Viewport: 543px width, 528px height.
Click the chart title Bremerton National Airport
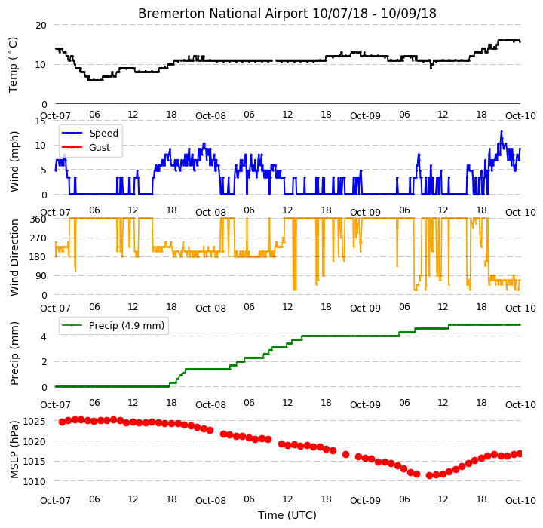pos(222,14)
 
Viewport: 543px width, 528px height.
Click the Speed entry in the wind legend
pos(104,133)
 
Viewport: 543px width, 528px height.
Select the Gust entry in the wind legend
pos(100,148)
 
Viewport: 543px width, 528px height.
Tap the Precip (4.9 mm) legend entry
pos(127,326)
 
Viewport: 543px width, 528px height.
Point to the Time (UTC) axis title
pos(287,515)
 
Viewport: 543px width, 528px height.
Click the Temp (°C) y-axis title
pos(14,65)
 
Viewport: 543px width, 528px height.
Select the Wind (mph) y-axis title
pos(14,161)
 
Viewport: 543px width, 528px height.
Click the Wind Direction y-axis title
pos(14,257)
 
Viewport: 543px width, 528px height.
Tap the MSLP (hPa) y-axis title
pos(14,450)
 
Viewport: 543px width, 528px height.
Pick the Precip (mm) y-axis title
pos(14,354)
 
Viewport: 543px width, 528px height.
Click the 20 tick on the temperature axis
pos(41,26)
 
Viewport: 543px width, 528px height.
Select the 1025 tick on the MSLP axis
pos(35,422)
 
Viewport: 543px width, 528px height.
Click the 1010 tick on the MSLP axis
pos(35,481)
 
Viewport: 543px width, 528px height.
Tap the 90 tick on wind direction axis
pos(41,276)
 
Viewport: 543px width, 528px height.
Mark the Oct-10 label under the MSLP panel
pos(520,501)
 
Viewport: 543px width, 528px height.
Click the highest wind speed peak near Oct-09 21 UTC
pos(501,132)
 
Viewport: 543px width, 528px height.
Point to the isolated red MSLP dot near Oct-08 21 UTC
pos(345,454)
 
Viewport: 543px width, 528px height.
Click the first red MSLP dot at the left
pos(62,422)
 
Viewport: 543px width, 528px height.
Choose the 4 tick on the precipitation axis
pos(44,336)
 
